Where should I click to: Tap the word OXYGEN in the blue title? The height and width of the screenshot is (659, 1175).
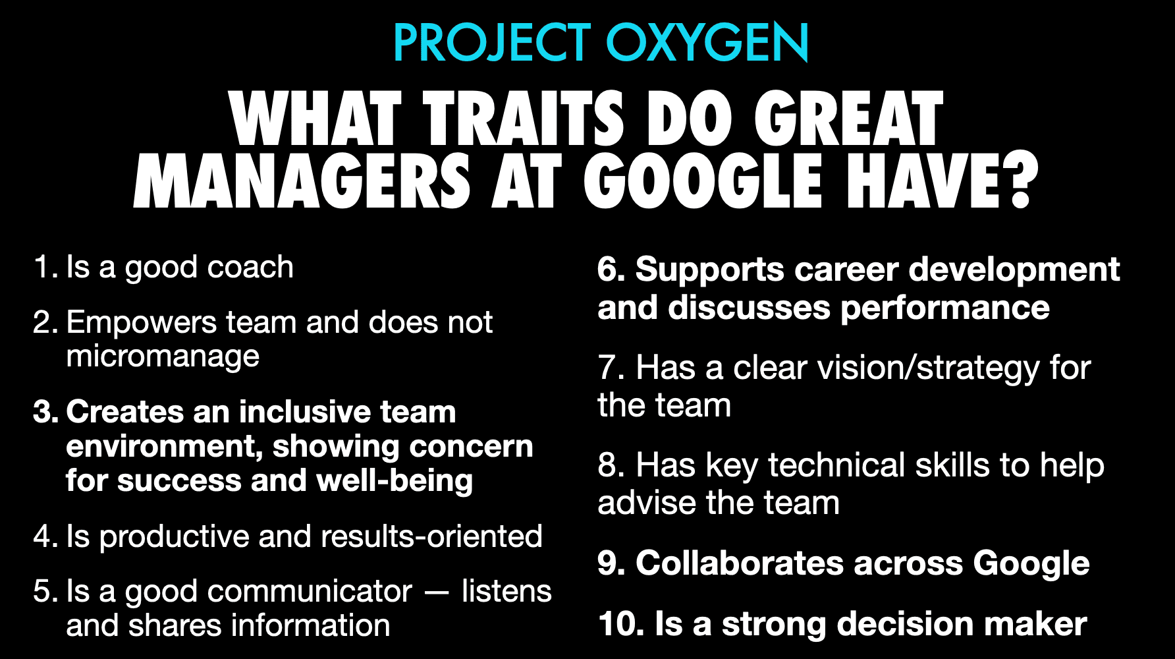click(707, 43)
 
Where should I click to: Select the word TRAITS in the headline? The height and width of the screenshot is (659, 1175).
click(524, 118)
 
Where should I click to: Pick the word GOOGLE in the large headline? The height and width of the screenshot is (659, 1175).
click(703, 181)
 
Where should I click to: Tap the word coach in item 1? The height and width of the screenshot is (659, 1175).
click(250, 267)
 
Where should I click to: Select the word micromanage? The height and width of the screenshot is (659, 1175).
click(163, 357)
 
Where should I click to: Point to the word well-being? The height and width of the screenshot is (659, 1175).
click(395, 480)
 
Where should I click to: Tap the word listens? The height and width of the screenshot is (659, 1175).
click(506, 591)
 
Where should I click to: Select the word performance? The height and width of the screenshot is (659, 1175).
click(945, 308)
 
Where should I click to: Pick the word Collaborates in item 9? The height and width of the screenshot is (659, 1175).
click(739, 563)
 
